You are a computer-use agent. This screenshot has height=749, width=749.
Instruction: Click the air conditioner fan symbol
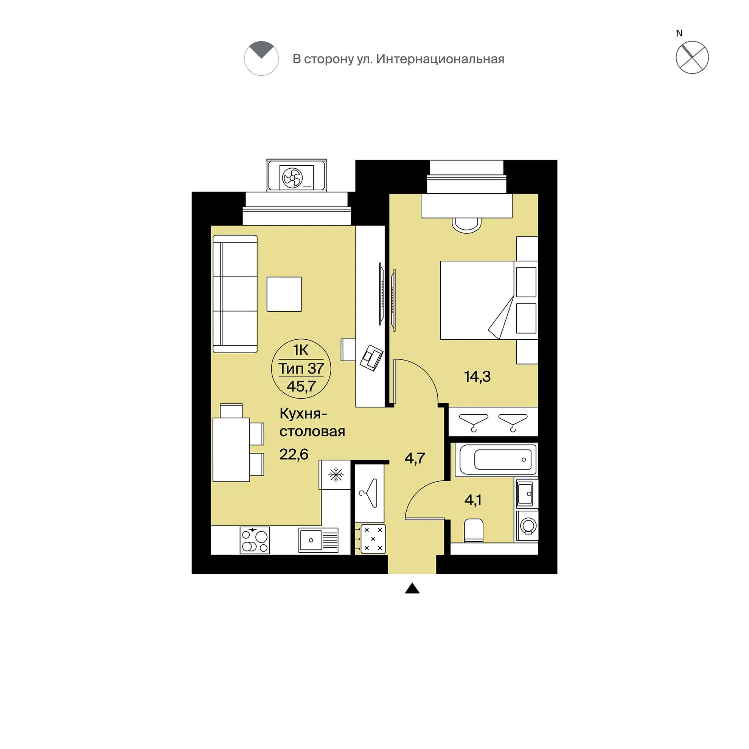click(293, 178)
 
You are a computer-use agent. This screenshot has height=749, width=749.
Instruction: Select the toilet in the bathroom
click(473, 530)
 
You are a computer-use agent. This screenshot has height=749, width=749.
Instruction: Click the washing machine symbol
click(527, 526)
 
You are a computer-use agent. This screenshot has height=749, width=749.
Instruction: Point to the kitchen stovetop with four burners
click(255, 540)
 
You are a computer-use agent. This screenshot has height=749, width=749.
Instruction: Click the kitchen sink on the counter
click(319, 540)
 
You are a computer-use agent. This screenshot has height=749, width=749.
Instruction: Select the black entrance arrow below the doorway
click(412, 588)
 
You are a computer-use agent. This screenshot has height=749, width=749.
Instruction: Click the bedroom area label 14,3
click(477, 376)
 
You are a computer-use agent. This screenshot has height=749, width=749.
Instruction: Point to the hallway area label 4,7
click(415, 458)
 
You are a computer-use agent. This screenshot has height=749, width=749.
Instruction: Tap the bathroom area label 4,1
click(473, 500)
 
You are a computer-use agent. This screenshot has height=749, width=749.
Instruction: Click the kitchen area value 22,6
click(294, 454)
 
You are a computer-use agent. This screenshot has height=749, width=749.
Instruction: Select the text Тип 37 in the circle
click(301, 368)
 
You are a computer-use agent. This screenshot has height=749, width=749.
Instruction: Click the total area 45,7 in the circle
click(301, 386)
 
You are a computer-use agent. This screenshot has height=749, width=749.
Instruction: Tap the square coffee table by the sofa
click(284, 294)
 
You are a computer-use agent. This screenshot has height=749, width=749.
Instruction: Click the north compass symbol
click(692, 57)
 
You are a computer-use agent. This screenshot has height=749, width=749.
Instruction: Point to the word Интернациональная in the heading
click(440, 59)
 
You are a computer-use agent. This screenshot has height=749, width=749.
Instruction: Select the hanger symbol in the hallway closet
click(369, 493)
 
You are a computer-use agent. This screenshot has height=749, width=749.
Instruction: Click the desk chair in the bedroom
click(467, 225)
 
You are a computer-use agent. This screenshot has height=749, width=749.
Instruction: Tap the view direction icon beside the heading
click(261, 58)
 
